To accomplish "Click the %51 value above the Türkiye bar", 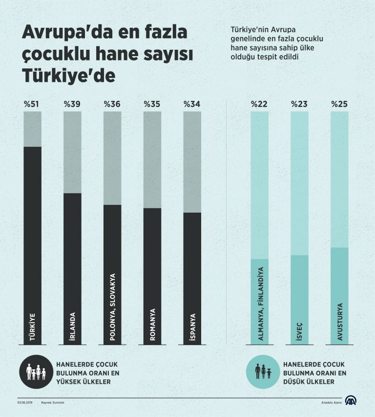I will (x=32, y=104).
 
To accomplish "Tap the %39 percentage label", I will (x=72, y=104).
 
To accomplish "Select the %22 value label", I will (x=259, y=104).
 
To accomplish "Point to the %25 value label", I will (x=339, y=104).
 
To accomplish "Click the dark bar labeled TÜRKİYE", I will (x=32, y=244).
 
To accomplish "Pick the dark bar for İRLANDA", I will (x=72, y=268).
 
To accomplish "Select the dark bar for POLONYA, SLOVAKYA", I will (x=112, y=273).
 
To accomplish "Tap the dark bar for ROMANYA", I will (x=152, y=276).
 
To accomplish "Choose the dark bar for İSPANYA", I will (x=192, y=278).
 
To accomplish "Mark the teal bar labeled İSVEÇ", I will (x=299, y=300).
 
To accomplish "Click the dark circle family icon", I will (x=36, y=372).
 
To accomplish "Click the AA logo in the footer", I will (x=351, y=401).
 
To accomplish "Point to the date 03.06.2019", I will (x=24, y=402).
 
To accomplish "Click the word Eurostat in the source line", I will (x=62, y=402).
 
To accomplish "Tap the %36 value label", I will (x=112, y=104).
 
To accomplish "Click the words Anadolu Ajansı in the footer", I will (x=331, y=402).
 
